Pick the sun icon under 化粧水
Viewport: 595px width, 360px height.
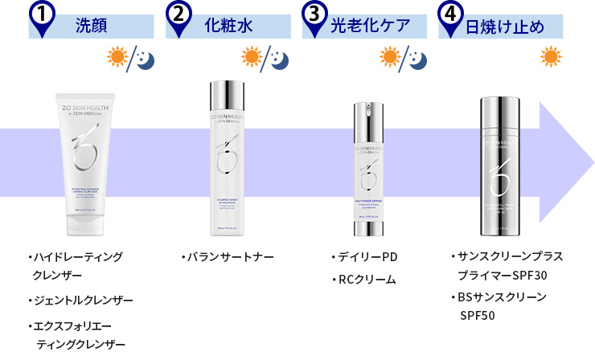point(252,58)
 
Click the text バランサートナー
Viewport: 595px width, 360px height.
point(228,257)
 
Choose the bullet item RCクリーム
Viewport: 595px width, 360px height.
point(365,280)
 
